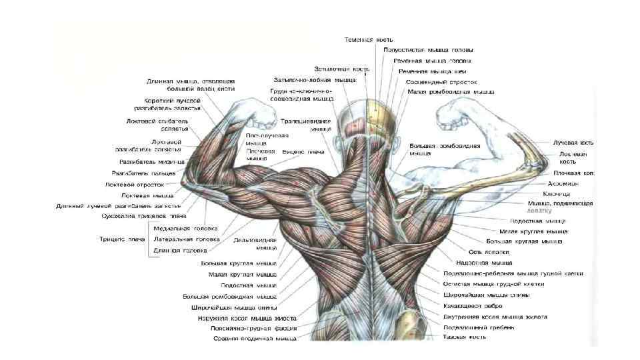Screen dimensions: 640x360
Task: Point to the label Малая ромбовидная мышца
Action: (450, 91)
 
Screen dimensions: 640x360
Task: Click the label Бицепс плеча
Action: (303, 152)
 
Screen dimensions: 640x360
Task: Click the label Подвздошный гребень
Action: (479, 327)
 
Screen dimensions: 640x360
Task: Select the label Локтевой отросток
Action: (135, 184)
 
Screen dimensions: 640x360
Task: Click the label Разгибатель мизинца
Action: (147, 162)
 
